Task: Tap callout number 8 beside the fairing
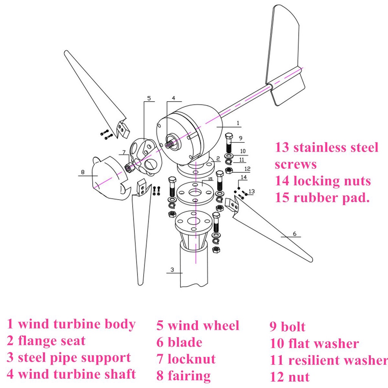[82, 172]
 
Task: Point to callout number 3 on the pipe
[172, 270]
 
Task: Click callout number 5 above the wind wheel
[149, 98]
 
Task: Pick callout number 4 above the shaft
[173, 98]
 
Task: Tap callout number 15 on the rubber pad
[210, 179]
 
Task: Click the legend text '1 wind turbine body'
[71, 324]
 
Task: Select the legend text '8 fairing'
[183, 375]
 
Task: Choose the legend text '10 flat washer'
[314, 344]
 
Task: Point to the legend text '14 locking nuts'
[323, 181]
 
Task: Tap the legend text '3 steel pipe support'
[69, 358]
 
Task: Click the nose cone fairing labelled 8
[108, 178]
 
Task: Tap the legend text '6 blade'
[179, 342]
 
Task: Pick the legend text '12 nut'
[289, 377]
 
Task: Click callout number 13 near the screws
[252, 191]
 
